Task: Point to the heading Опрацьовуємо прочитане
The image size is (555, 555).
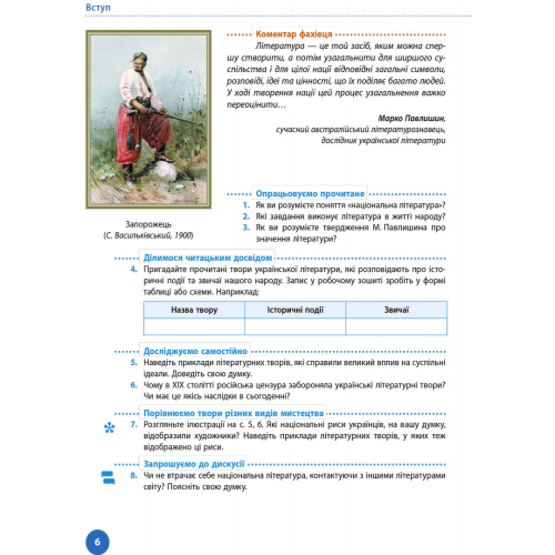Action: [x=310, y=194]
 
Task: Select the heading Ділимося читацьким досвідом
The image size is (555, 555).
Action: [x=208, y=258]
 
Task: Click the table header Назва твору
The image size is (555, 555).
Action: [x=194, y=310]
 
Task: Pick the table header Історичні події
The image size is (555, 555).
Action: [x=295, y=310]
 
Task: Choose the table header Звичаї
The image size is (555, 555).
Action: [x=396, y=310]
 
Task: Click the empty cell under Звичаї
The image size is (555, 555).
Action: [x=396, y=327]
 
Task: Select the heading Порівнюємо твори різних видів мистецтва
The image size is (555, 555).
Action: [x=234, y=413]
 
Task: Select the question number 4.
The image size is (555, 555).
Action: [x=134, y=269]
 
